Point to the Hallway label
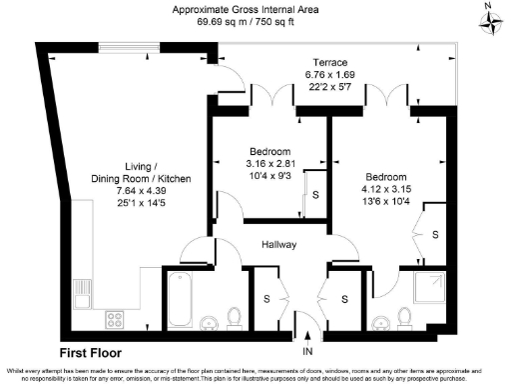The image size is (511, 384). click(x=281, y=244)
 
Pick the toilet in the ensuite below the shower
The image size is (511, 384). click(x=405, y=318)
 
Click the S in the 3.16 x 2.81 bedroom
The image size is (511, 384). click(x=315, y=196)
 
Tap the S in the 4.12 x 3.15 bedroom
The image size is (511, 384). click(x=435, y=234)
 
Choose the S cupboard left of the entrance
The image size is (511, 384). click(x=266, y=298)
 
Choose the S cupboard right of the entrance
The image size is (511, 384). click(x=343, y=298)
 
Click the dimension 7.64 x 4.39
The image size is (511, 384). click(x=139, y=191)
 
